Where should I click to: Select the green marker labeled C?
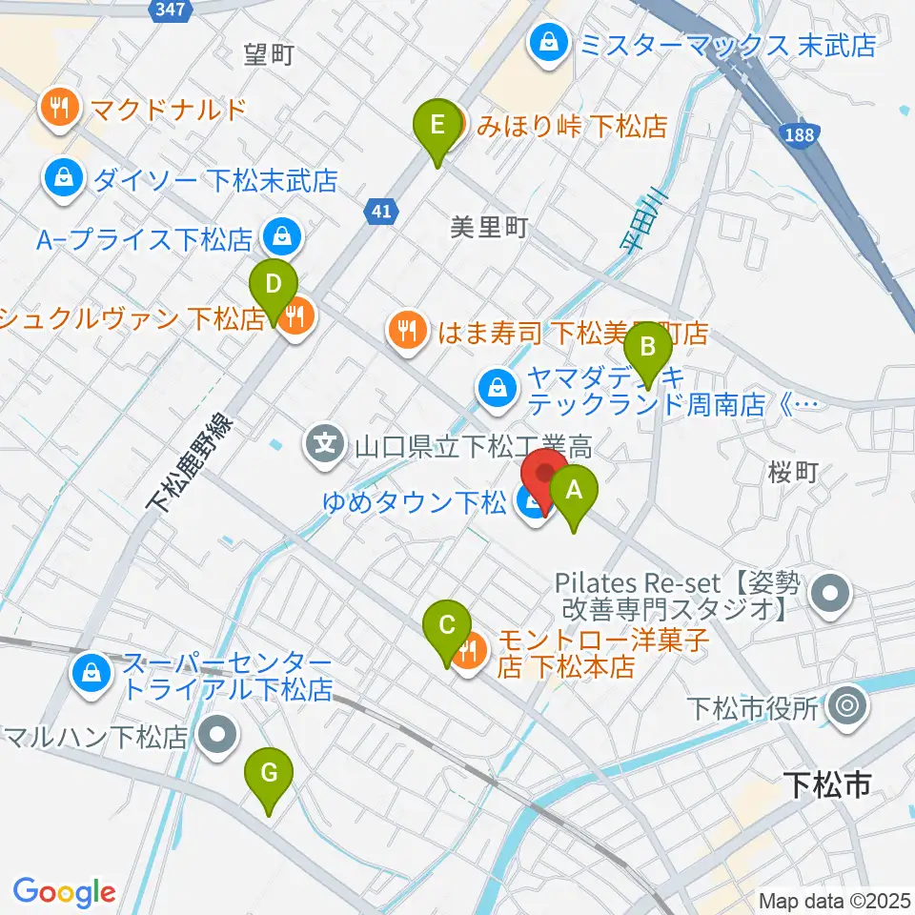pos(446,629)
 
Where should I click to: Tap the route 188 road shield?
pos(801,135)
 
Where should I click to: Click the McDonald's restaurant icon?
pos(62,107)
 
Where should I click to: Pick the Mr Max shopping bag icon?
pos(550,43)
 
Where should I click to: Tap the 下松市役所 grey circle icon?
pos(844,708)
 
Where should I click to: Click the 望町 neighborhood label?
pos(268,55)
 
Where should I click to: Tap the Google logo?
pos(64,892)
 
